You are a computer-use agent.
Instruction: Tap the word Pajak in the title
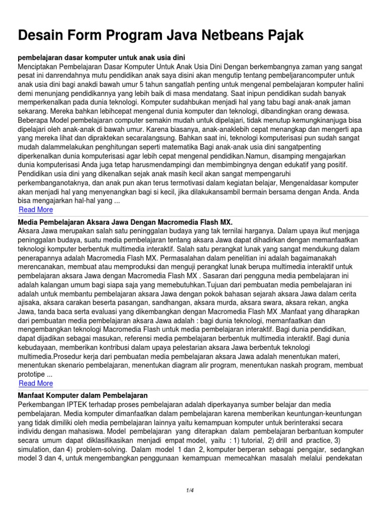click(286, 35)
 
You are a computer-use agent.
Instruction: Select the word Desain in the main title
click(43, 35)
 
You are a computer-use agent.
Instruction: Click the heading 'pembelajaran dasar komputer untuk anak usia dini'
click(104, 57)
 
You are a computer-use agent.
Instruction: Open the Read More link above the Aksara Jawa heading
click(35, 210)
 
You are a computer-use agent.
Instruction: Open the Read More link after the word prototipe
click(35, 383)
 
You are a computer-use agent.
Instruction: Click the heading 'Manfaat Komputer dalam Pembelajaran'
click(82, 395)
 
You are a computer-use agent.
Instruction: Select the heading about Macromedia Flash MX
click(125, 222)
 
